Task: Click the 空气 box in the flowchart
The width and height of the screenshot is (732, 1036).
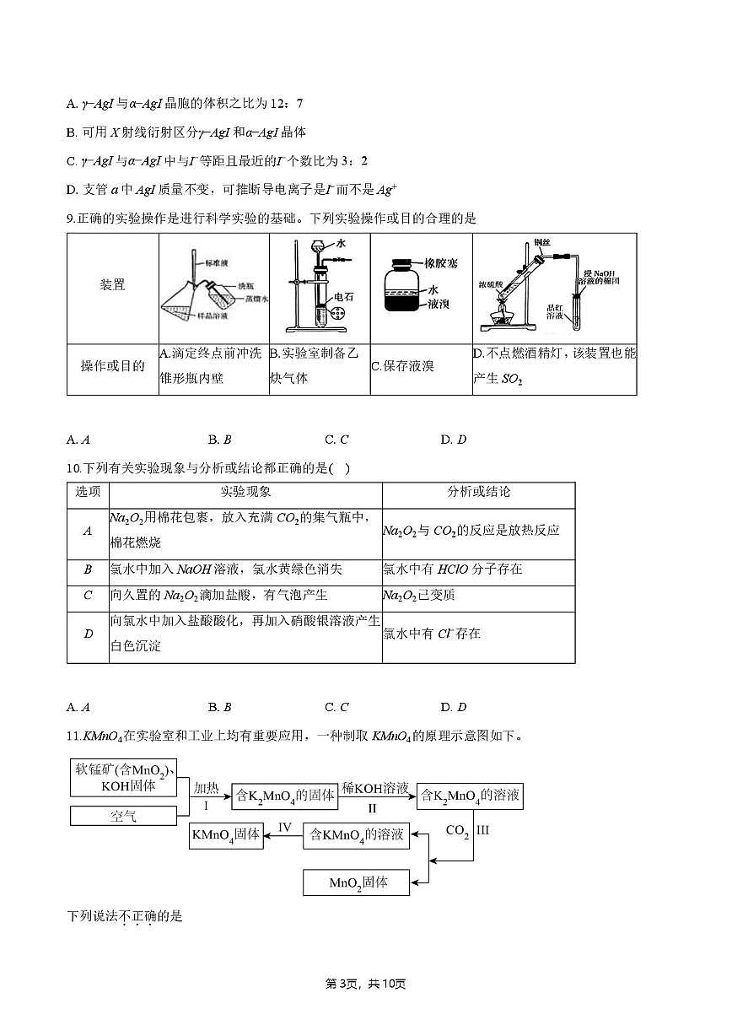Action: pyautogui.click(x=123, y=816)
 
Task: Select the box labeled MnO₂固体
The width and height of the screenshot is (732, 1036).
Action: pyautogui.click(x=357, y=882)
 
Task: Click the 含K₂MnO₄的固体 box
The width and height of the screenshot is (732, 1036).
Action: pyautogui.click(x=285, y=795)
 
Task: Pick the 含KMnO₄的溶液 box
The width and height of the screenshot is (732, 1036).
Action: pyautogui.click(x=356, y=835)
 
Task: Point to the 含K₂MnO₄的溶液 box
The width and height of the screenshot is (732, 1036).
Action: pyautogui.click(x=470, y=795)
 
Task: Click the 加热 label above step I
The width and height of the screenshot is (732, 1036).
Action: pyautogui.click(x=206, y=788)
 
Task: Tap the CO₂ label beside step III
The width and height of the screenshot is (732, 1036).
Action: pyautogui.click(x=457, y=830)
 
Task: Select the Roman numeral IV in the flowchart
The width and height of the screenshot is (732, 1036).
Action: pyautogui.click(x=285, y=828)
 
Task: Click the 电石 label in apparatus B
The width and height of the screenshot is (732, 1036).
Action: pyautogui.click(x=344, y=297)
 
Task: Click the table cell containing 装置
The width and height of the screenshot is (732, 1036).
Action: pyautogui.click(x=113, y=284)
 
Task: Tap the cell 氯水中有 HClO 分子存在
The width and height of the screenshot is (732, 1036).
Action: pyautogui.click(x=452, y=569)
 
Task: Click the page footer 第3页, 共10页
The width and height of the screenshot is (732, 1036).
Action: pyautogui.click(x=366, y=984)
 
